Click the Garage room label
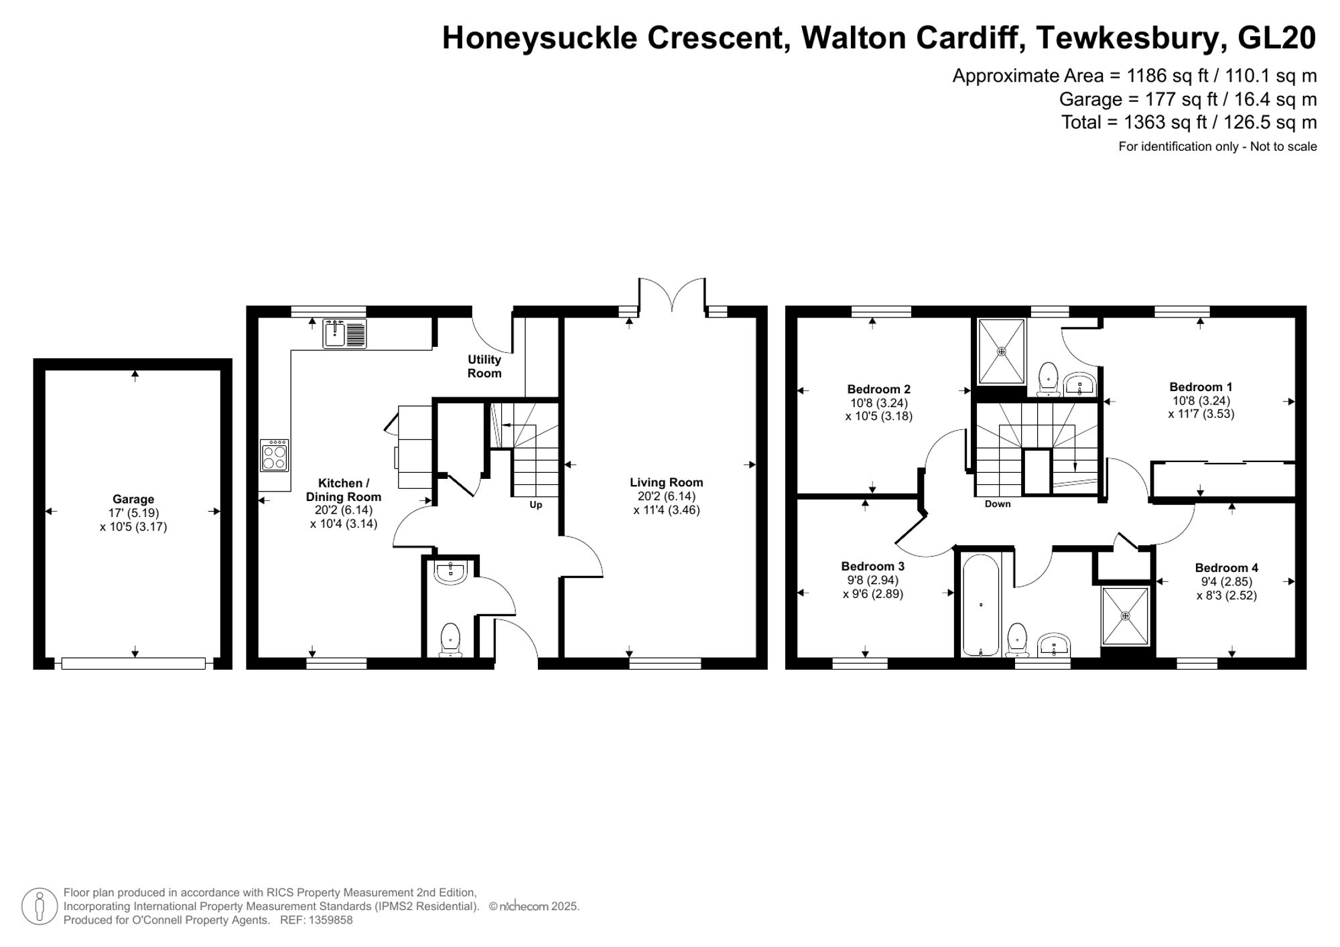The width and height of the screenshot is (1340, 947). (x=133, y=499)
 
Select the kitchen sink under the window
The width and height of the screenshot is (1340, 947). (x=345, y=333)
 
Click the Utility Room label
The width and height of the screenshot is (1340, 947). (x=484, y=366)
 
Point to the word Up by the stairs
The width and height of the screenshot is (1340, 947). (x=535, y=505)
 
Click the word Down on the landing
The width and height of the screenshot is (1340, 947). (x=997, y=504)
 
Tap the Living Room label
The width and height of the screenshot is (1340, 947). (x=666, y=482)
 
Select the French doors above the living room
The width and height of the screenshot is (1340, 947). (x=672, y=295)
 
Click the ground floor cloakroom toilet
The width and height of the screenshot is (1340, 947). (x=450, y=639)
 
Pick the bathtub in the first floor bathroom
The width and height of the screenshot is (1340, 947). (x=980, y=605)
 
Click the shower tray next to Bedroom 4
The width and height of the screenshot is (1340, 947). (x=1126, y=615)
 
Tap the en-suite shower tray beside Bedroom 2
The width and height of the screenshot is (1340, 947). (x=1002, y=351)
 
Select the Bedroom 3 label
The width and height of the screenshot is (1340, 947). (x=872, y=566)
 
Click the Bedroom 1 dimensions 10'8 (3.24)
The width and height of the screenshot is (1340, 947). (x=1201, y=400)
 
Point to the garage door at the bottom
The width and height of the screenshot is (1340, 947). (x=133, y=663)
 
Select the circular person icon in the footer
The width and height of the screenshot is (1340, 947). (x=40, y=906)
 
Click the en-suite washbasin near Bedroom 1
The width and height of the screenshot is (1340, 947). (x=1079, y=384)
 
